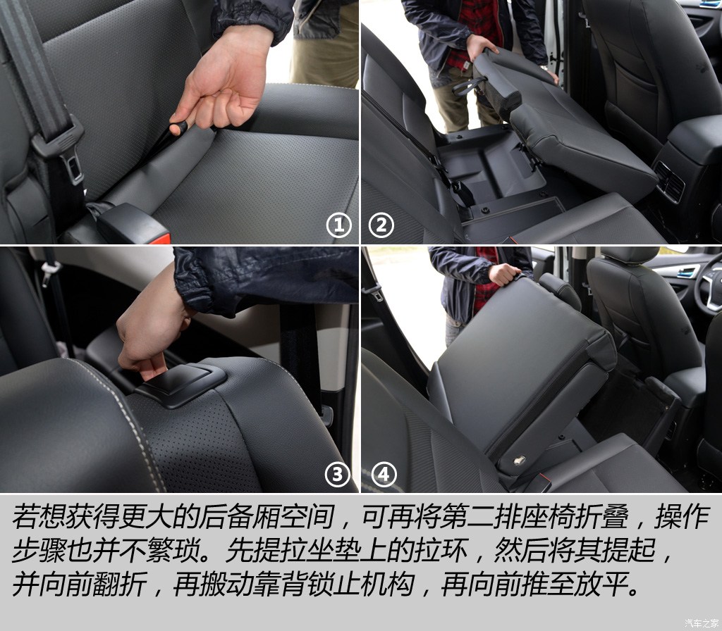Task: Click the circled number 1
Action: click(339, 225)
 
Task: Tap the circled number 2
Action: click(381, 225)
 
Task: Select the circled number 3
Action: click(338, 474)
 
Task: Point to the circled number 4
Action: click(384, 474)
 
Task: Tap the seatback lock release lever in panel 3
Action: click(181, 385)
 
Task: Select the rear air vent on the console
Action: click(670, 181)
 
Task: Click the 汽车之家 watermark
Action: click(701, 623)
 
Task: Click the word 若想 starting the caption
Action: click(39, 516)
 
